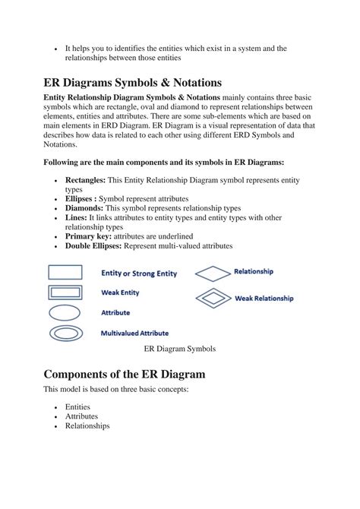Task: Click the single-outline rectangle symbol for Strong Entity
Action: point(66,272)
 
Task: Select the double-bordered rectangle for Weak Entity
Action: point(66,292)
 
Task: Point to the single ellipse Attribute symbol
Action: point(66,311)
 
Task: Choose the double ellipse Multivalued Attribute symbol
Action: point(66,332)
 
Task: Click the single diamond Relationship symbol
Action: point(213,272)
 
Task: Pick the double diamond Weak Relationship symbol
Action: point(213,298)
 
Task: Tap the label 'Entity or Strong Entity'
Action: point(141,272)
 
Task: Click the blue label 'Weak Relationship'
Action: point(264,299)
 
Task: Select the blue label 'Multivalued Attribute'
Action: point(134,333)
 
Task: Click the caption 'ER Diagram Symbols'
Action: point(180,349)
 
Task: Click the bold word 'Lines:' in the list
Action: point(76,217)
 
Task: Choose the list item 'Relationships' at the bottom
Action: point(87,426)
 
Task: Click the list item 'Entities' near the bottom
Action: point(77,407)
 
